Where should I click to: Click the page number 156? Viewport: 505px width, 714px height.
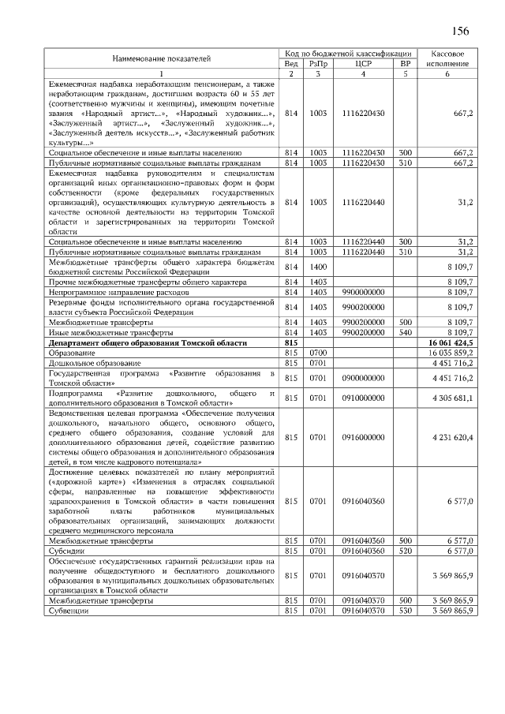click(460, 31)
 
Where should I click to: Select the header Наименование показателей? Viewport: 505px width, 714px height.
click(161, 58)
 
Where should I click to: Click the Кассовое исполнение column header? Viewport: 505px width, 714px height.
click(447, 58)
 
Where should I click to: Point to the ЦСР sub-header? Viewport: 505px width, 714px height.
click(364, 63)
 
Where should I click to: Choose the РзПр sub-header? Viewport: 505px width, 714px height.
click(318, 63)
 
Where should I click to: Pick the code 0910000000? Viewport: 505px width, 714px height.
click(364, 397)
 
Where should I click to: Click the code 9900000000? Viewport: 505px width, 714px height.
click(364, 292)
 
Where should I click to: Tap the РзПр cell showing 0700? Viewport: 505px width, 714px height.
click(318, 353)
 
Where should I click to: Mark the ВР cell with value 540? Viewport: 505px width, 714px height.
click(406, 333)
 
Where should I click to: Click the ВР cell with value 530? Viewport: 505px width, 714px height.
click(406, 611)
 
